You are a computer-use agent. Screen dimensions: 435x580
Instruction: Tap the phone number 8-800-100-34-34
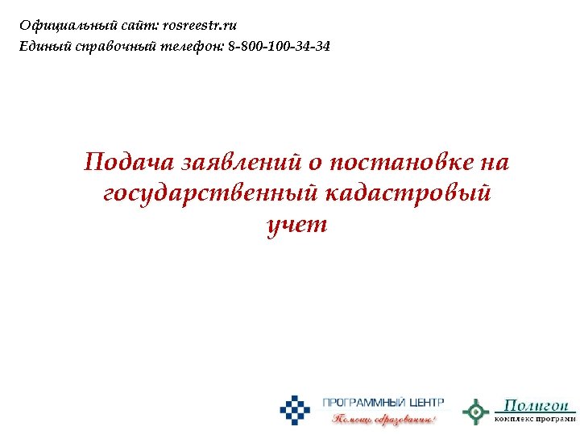click(279, 47)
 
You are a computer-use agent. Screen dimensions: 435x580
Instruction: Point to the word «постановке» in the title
click(396, 163)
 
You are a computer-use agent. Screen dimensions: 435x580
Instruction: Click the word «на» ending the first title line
click(494, 163)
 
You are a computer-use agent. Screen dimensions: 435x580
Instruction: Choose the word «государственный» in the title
click(211, 194)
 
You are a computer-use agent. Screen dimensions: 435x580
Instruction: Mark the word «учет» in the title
click(296, 225)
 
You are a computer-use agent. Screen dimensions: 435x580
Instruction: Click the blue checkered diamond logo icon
click(295, 410)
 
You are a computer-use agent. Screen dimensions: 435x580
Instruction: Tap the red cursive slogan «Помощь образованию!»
click(384, 419)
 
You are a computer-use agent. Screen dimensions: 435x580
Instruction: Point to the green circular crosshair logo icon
click(475, 411)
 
